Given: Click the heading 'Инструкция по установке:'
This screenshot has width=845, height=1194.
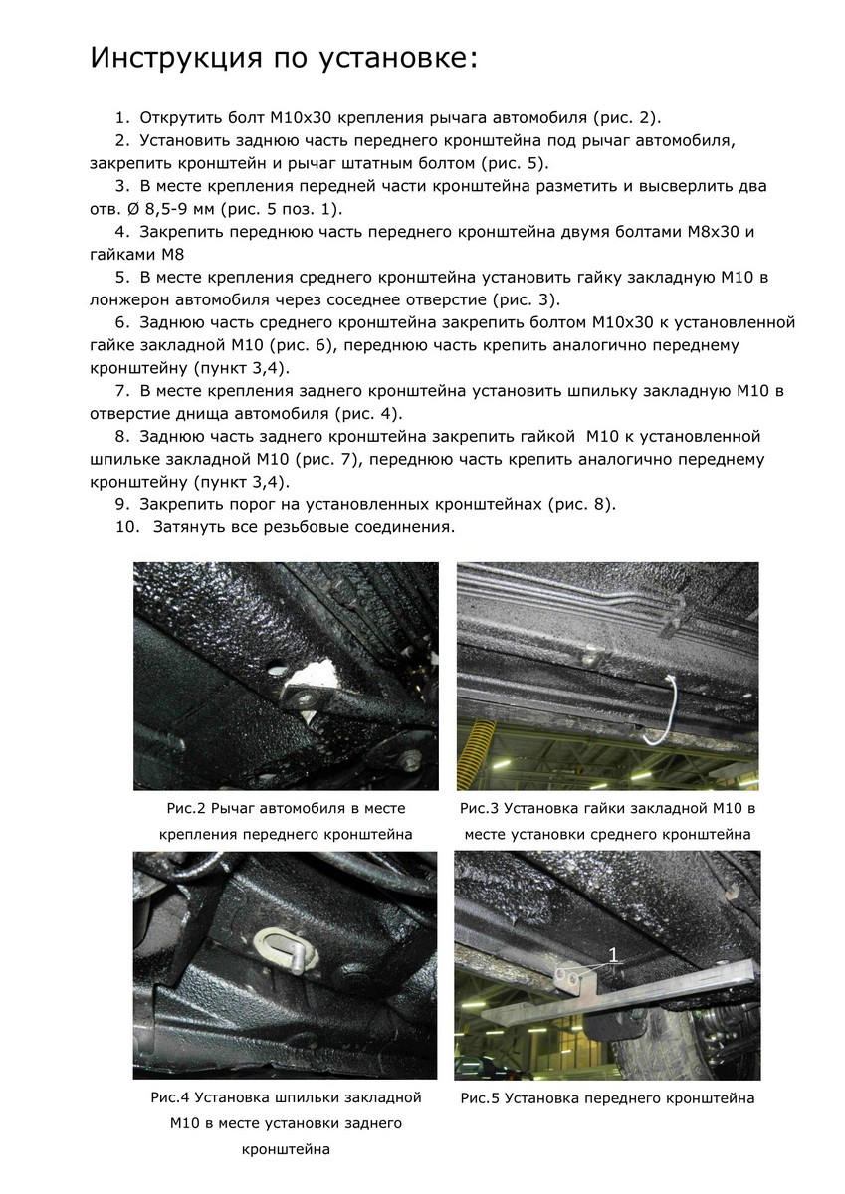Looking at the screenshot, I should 284,59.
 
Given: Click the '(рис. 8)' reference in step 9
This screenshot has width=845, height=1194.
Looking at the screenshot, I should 581,504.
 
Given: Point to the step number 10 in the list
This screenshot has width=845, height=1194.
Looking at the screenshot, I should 126,527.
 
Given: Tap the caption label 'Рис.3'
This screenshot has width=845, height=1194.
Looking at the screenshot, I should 481,809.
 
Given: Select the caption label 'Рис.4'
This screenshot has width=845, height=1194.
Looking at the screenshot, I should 169,1098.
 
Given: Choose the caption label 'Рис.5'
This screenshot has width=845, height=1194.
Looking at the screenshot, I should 481,1098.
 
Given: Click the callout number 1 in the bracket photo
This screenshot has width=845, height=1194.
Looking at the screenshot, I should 613,954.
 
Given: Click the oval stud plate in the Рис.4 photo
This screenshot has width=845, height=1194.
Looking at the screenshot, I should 284,945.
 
